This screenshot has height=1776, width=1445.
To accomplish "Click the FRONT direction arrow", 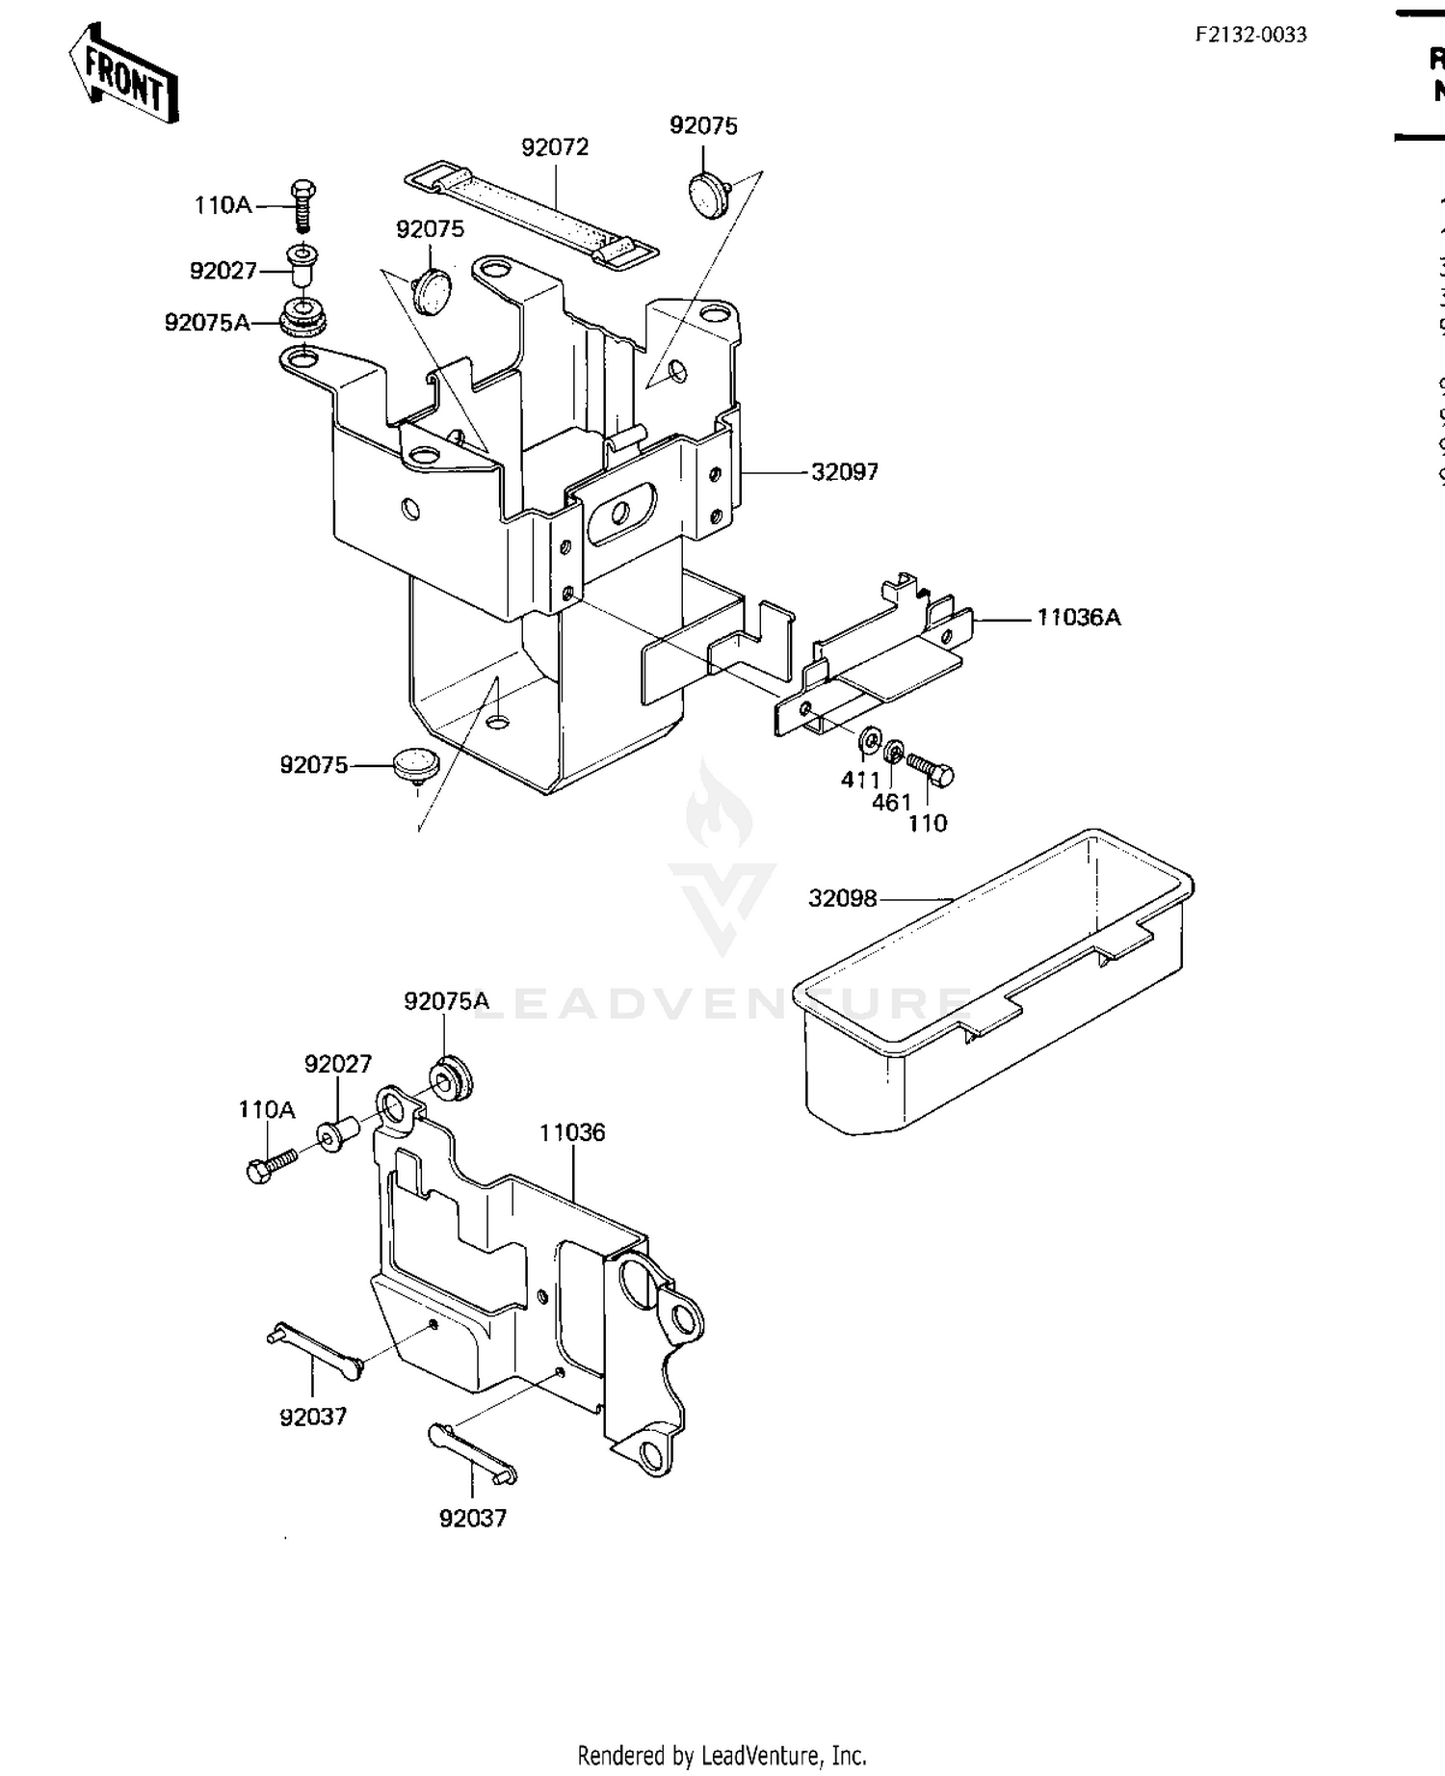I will pos(123,74).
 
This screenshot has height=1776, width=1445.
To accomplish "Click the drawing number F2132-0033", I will pos(1250,35).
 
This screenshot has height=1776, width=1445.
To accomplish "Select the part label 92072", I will pos(555,147).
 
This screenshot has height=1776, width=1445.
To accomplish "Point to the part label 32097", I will pos(845,472).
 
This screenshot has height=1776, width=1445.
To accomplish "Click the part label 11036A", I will pos(1078,618).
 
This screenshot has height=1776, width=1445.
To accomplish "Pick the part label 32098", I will pos(843,898).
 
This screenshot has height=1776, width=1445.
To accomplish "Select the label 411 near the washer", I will pos(860,780).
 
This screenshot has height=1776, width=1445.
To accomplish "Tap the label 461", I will pos(891,802).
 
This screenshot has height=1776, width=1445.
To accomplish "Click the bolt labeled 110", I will pos(931,771).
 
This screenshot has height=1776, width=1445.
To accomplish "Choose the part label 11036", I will pos(572,1132).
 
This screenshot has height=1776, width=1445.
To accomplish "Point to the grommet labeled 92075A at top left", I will pos(303,318).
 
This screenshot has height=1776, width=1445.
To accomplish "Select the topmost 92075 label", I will pos(703,126).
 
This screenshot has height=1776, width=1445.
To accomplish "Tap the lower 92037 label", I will pos(473,1518).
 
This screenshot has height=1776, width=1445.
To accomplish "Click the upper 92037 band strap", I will pos(314,1350).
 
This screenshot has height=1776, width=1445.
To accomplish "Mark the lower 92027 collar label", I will pos(338,1064).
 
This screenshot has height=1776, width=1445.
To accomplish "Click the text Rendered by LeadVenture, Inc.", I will pos(722,1755).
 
